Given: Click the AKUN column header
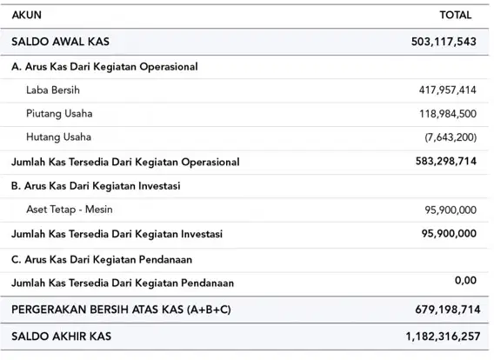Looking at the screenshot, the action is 26,15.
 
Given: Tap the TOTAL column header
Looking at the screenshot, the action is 456,15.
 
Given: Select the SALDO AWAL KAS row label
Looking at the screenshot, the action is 61,42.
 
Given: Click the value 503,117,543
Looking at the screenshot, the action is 444,42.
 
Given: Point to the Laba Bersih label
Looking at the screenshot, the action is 53,90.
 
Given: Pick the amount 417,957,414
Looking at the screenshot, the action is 447,90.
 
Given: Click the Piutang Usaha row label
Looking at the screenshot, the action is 59,113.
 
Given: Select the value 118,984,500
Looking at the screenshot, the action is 448,114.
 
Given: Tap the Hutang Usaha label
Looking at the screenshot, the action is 58,137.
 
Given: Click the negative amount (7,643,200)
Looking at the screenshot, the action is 451,137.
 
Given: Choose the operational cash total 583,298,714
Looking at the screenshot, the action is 446,161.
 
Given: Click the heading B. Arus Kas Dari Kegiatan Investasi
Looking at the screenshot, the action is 96,186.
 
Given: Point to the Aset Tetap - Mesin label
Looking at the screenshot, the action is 70,210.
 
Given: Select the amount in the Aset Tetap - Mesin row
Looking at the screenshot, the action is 451,210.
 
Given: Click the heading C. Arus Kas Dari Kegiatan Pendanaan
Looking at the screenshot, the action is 102,259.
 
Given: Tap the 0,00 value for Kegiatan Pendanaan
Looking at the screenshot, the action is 465,280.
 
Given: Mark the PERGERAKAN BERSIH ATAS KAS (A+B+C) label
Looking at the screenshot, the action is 121,310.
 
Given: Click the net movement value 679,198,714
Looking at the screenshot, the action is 448,310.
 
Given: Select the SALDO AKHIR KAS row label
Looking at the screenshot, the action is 62,337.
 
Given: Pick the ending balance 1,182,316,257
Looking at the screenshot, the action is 443,337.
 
